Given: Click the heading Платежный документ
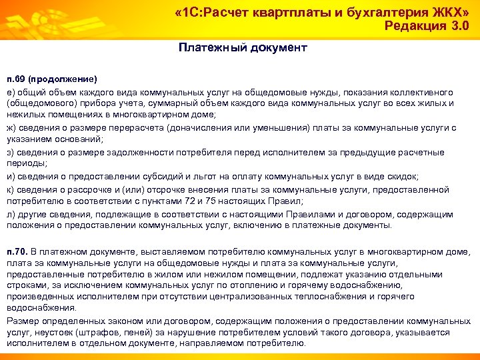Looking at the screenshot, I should pyautogui.click(x=243, y=47).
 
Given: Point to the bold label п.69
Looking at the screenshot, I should pyautogui.click(x=15, y=78).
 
